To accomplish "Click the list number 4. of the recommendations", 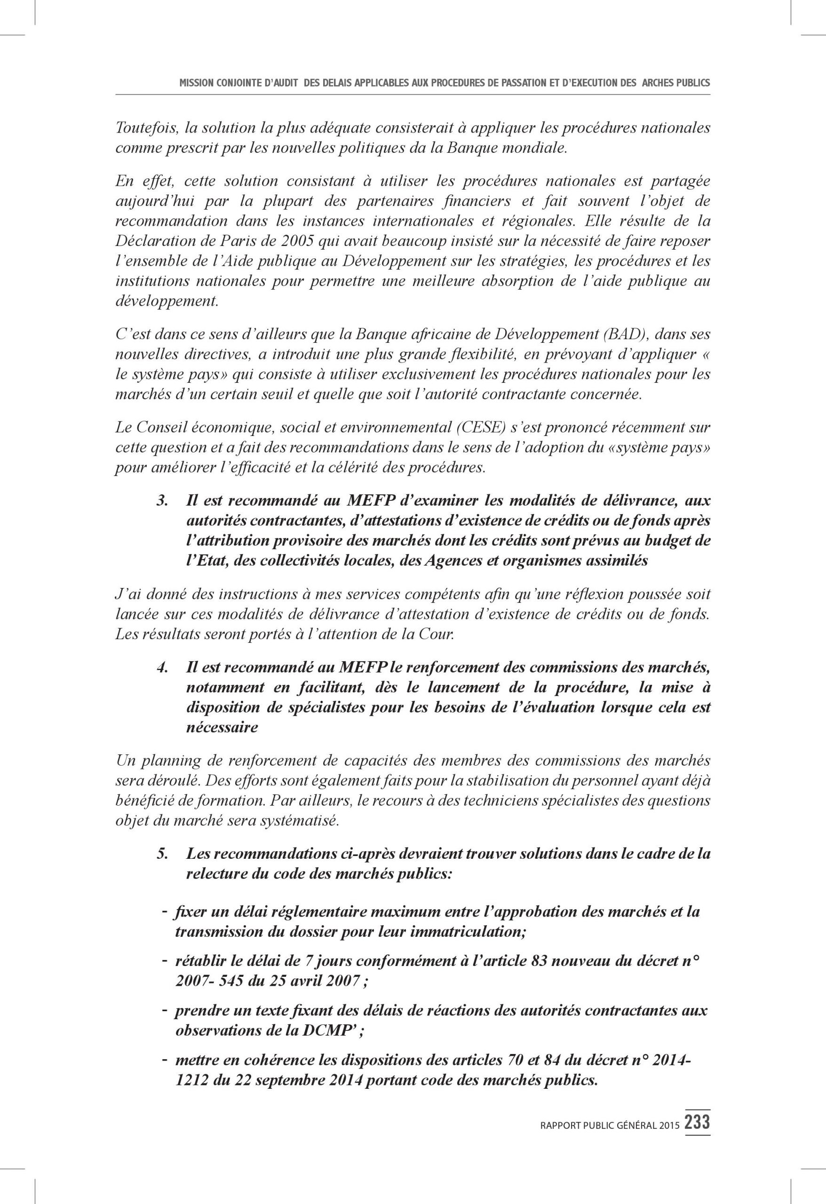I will tap(163, 668).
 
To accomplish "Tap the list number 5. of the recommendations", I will tap(163, 854).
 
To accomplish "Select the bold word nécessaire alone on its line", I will tap(222, 728).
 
